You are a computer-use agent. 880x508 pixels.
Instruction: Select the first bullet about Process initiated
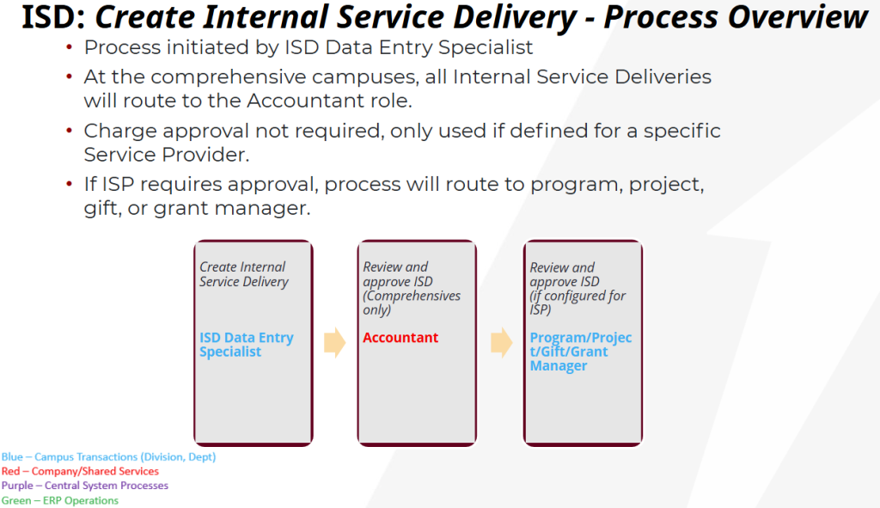(x=308, y=48)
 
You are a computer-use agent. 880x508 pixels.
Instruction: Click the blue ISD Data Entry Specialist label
(x=247, y=345)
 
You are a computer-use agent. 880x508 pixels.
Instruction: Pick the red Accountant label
(x=400, y=338)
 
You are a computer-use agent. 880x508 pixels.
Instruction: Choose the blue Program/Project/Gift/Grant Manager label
(x=580, y=352)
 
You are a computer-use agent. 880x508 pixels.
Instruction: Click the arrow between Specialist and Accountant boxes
(x=334, y=342)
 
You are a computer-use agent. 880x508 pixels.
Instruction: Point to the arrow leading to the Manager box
(x=501, y=342)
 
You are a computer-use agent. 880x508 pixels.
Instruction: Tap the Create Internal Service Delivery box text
(x=243, y=274)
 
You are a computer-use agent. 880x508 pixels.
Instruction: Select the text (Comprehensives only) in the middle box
(x=411, y=303)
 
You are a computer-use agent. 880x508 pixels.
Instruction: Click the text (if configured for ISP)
(x=577, y=303)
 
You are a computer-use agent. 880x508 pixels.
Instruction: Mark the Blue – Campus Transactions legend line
(x=108, y=457)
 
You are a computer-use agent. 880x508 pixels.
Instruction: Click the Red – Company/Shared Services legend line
(x=80, y=471)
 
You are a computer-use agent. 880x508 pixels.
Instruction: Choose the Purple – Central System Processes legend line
(x=84, y=486)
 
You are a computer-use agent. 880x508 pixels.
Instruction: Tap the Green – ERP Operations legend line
(x=60, y=500)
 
